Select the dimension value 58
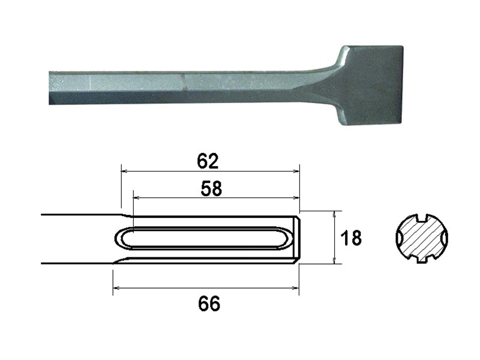[210, 189]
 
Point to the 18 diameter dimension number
[351, 238]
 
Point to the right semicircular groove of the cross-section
[443, 239]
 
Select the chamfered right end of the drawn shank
[295, 239]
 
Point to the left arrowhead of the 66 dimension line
[116, 288]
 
